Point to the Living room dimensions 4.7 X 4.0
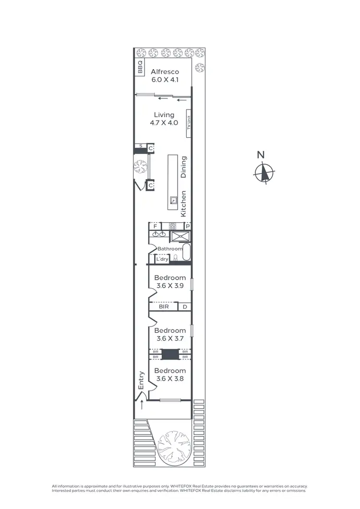[x=164, y=123]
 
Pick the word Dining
[x=183, y=167]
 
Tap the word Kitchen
[x=183, y=204]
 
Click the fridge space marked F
[x=155, y=226]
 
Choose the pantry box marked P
[x=188, y=226]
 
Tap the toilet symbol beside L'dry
[x=175, y=259]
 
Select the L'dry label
[x=162, y=259]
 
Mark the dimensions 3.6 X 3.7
[x=170, y=339]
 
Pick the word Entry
[x=141, y=381]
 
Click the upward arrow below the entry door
[x=142, y=405]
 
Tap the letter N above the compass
[x=261, y=155]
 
